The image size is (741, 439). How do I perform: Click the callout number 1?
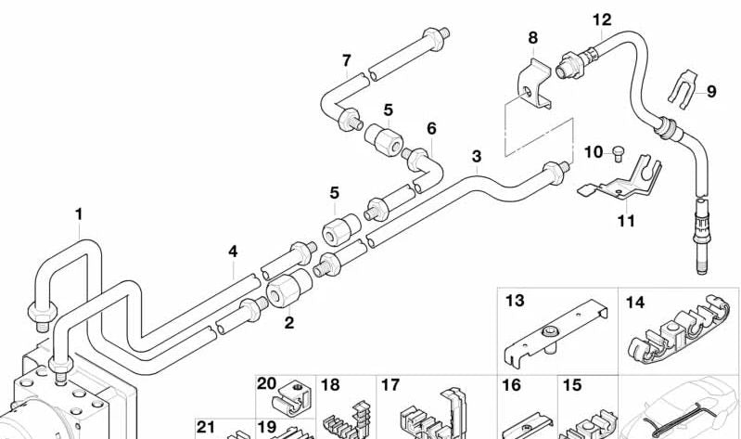click(x=79, y=214)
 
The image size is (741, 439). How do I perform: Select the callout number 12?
click(x=602, y=19)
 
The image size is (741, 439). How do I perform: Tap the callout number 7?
click(x=346, y=61)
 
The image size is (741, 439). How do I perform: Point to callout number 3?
click(x=477, y=156)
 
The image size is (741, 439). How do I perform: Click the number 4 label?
click(x=233, y=251)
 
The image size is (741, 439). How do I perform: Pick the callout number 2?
click(x=289, y=323)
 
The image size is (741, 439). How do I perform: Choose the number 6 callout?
click(x=431, y=127)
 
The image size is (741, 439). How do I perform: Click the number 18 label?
click(x=330, y=384)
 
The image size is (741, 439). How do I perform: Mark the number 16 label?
click(x=511, y=384)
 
